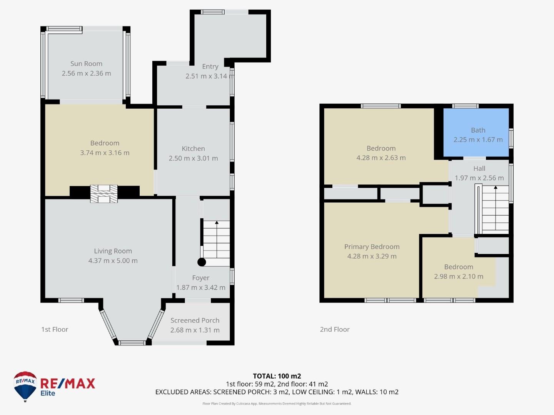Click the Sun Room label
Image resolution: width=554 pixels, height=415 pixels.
tap(86, 64)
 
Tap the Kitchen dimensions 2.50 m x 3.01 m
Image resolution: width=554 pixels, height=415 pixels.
tap(193, 158)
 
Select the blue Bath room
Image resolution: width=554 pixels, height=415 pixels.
tap(476, 133)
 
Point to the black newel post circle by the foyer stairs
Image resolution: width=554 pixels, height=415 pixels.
tap(202, 262)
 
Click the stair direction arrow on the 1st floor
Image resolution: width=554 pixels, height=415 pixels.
tap(217, 223)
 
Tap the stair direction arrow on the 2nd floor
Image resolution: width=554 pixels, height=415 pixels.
tap(496, 188)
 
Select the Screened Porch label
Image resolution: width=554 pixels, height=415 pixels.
tap(195, 320)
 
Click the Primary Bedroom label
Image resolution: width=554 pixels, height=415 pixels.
tap(372, 247)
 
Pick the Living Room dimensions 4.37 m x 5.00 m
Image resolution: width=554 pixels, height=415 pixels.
tap(113, 261)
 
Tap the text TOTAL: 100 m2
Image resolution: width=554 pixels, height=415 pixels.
tap(277, 376)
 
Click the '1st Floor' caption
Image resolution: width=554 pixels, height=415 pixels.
tap(55, 329)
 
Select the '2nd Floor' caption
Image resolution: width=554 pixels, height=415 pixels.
tap(335, 329)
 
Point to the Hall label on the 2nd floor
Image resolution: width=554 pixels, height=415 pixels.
tap(479, 169)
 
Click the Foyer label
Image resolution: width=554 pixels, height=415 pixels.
tap(201, 278)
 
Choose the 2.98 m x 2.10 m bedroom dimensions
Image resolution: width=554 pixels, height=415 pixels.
tap(459, 277)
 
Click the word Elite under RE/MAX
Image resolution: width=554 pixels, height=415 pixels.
tap(48, 393)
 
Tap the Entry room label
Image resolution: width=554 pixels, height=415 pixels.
tap(210, 66)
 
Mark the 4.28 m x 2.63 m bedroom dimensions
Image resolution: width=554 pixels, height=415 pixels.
tap(381, 158)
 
